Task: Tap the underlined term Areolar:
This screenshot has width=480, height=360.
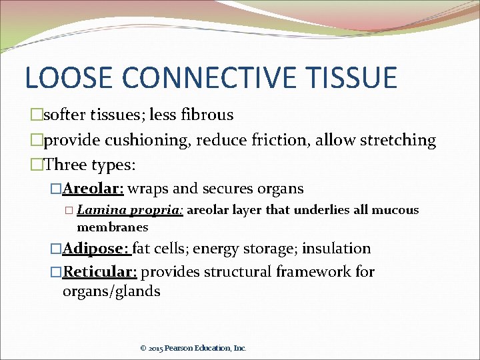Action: click(x=93, y=189)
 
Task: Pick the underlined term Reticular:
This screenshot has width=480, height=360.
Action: click(x=99, y=271)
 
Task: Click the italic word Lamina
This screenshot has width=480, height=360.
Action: click(x=101, y=210)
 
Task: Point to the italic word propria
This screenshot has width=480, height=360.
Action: click(x=155, y=211)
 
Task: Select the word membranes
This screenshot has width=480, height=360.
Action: click(x=112, y=227)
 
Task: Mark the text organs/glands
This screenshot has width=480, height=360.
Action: click(x=111, y=291)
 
